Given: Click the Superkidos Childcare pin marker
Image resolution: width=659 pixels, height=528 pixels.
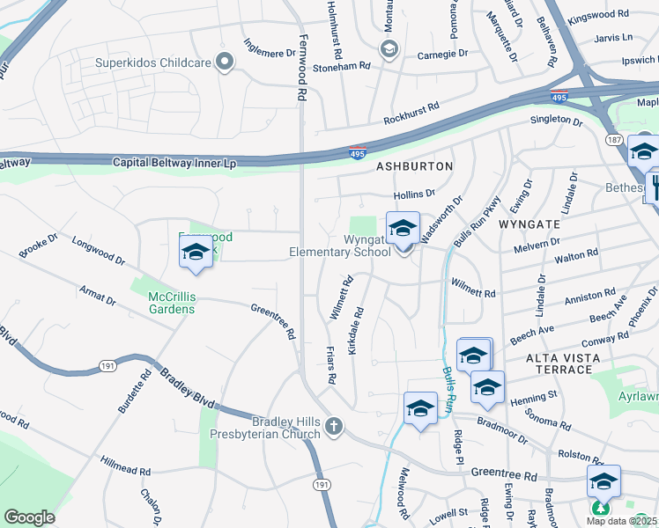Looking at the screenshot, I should tap(226, 62).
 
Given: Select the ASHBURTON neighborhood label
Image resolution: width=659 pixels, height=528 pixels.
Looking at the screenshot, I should tap(414, 166).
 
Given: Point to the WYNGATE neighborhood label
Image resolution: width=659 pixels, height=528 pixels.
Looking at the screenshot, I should tap(529, 224).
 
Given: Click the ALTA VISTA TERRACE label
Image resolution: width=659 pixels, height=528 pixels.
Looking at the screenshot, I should tap(563, 363).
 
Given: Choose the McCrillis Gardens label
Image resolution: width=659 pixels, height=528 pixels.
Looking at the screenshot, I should tap(159, 303).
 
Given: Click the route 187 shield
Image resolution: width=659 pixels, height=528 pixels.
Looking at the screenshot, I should tap(615, 141).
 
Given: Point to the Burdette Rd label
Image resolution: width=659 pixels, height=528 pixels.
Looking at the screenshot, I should tap(130, 392).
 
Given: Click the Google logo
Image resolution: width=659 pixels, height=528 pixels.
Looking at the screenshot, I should tap(29, 517).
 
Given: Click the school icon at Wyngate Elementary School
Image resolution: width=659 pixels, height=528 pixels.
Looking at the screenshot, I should tap(403, 229).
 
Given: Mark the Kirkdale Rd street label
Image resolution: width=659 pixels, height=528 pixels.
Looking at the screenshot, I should tap(356, 331).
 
